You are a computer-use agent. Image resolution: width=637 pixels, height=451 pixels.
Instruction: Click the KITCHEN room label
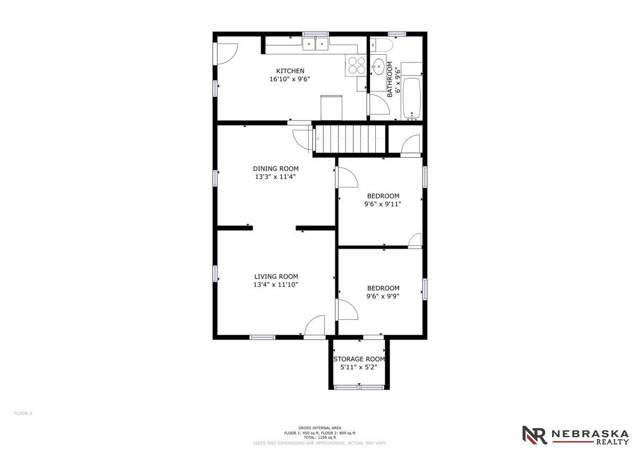(290, 71)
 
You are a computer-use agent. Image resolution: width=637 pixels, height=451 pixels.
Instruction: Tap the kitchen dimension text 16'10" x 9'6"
(289, 79)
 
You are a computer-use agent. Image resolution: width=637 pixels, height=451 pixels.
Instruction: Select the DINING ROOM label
(276, 168)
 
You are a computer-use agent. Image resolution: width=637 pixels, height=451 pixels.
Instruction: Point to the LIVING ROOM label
(276, 276)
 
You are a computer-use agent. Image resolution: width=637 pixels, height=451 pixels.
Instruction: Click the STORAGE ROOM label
(359, 359)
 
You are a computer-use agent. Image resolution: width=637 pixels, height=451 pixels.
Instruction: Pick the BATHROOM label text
(390, 79)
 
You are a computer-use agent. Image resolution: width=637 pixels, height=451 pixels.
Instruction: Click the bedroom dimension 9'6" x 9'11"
(383, 204)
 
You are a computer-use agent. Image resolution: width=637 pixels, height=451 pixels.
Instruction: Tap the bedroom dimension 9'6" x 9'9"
(383, 296)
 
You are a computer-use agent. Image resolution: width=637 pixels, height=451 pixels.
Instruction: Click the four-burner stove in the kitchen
(356, 65)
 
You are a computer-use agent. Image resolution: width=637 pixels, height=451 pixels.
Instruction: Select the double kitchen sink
(315, 44)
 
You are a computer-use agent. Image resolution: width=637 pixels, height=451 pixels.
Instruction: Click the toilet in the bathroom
(381, 45)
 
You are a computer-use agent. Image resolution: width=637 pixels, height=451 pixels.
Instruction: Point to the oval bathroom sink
(378, 66)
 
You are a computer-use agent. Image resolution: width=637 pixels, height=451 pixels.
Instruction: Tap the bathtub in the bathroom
(412, 98)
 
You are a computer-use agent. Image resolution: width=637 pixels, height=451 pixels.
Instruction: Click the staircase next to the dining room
(350, 139)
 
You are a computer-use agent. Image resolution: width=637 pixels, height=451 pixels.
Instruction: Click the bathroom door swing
(380, 105)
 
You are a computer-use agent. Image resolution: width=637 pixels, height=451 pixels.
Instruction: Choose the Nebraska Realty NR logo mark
(535, 435)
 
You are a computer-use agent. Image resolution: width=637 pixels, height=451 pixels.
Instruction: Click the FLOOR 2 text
(23, 413)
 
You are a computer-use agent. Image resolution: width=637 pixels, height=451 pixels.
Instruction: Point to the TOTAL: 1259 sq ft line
(320, 437)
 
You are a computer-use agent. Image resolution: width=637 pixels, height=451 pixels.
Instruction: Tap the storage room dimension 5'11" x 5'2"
(359, 368)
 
